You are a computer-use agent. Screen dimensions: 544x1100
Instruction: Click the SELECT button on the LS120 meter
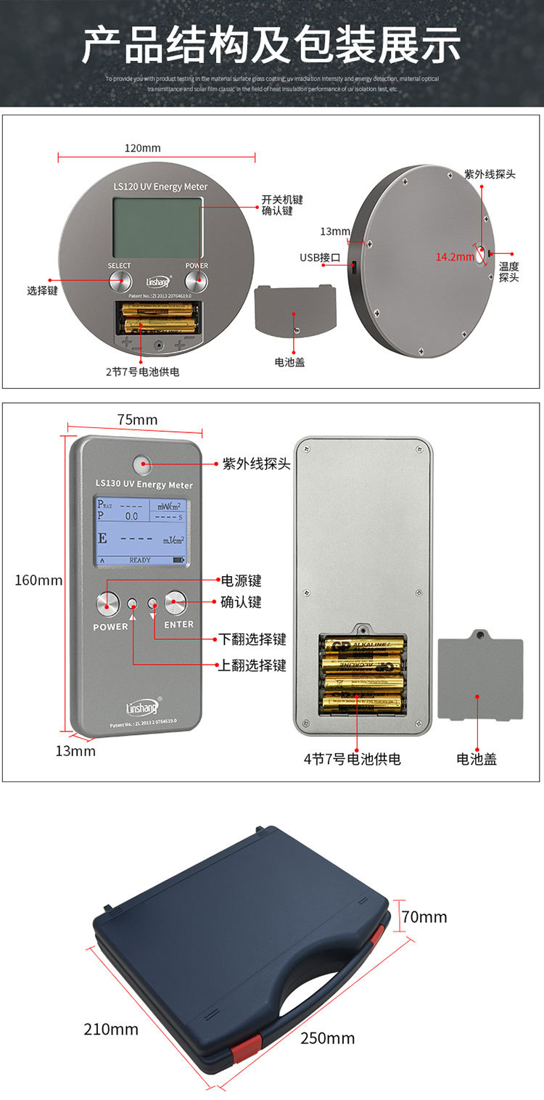pos(120,282)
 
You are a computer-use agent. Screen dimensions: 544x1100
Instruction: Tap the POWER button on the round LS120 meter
pos(196,282)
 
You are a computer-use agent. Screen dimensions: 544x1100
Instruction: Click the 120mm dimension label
pos(142,148)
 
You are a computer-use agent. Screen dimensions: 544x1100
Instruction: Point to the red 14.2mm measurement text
pos(454,256)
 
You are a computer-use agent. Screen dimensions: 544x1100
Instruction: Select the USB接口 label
pos(320,258)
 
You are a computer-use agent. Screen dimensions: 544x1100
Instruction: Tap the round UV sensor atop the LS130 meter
pos(141,461)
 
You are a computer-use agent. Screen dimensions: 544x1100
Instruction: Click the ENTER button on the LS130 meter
pos(176,602)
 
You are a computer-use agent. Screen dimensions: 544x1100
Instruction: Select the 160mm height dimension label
pos(39,580)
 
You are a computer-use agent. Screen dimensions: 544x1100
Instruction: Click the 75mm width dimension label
pos(137,420)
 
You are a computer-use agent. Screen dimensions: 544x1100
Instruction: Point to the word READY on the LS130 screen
pos(140,560)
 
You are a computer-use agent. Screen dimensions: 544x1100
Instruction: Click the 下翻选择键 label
pos(252,639)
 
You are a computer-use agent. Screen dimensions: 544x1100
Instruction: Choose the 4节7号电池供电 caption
pos(352,759)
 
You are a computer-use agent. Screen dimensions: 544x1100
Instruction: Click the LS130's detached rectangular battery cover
pos(481,679)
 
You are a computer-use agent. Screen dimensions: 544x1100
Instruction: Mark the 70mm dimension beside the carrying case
pos(424,917)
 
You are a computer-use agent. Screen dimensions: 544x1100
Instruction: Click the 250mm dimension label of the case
pos(328,1038)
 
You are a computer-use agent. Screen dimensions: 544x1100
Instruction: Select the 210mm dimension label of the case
pos(111,1029)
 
